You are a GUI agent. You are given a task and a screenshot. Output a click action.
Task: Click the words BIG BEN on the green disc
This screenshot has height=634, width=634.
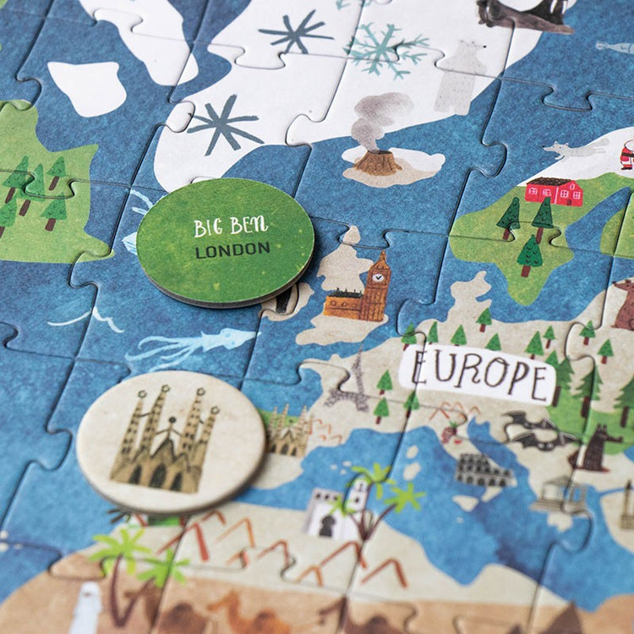click(231, 227)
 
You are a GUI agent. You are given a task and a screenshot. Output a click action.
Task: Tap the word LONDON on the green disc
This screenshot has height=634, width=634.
click(232, 249)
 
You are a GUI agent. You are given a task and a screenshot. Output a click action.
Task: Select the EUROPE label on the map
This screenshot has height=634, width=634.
click(479, 372)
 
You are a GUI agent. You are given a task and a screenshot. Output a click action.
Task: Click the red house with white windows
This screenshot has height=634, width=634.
click(554, 191)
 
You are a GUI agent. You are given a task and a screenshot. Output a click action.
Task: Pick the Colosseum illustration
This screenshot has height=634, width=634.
click(483, 469)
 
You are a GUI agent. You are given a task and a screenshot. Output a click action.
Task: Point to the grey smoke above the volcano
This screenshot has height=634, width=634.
click(380, 114)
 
